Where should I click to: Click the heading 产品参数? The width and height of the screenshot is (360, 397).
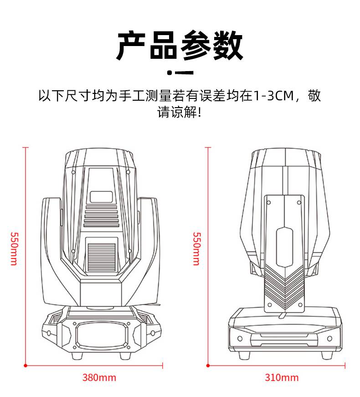[x=180, y=46]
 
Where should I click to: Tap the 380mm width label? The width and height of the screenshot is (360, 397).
[x=99, y=377]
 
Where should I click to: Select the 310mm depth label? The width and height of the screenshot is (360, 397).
[x=282, y=377]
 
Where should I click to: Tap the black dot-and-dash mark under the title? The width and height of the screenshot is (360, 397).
[x=180, y=72]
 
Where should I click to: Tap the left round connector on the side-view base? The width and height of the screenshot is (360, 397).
[x=240, y=338]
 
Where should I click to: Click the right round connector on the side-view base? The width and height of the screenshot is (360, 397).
[x=329, y=338]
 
